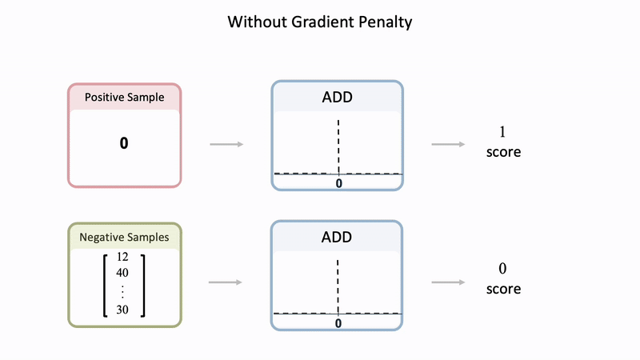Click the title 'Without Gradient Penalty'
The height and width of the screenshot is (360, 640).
[319, 22]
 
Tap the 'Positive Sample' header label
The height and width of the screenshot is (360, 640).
[125, 98]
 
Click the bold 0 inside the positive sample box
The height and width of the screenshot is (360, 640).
[124, 143]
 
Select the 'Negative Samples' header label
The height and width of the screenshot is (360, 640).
[125, 237]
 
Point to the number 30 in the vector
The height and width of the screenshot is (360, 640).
[122, 310]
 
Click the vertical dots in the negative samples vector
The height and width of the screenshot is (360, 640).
[122, 292]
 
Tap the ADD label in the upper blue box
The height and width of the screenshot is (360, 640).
[337, 98]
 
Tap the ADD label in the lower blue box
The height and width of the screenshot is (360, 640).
[337, 238]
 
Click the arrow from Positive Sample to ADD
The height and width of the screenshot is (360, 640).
[226, 145]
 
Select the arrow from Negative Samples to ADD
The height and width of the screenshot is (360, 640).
[226, 282]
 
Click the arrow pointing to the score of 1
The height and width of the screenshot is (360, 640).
[448, 145]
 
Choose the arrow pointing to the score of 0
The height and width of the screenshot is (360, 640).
[448, 282]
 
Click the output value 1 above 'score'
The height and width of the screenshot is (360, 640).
[503, 132]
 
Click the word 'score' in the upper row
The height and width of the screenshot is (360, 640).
[503, 151]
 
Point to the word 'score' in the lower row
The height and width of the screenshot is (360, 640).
[503, 289]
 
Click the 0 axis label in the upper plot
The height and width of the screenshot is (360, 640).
[339, 183]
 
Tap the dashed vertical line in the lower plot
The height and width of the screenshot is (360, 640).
[339, 284]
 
